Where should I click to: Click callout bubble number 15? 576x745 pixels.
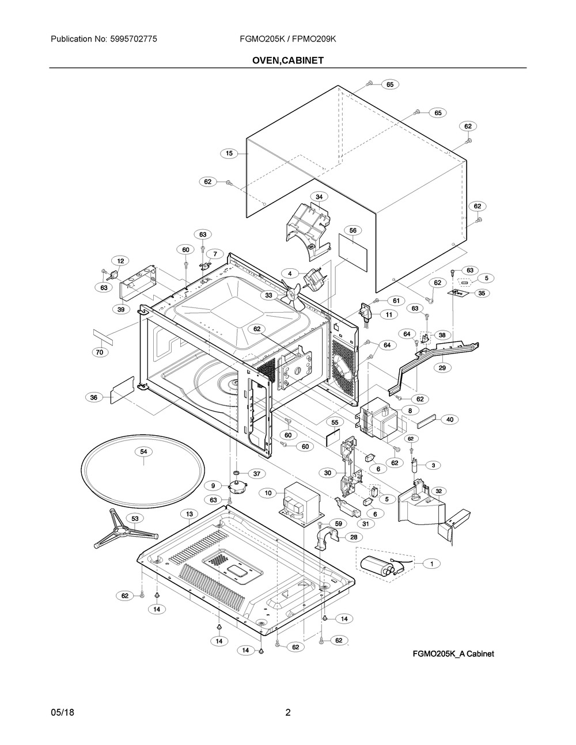point(229,153)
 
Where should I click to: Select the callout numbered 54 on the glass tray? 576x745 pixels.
point(143,451)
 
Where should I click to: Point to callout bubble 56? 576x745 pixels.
point(353,230)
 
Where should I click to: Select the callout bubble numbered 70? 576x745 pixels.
point(100,352)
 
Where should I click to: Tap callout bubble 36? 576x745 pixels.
point(93,397)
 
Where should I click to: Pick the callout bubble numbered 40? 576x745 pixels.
point(450,419)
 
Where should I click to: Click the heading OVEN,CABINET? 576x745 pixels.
point(288,60)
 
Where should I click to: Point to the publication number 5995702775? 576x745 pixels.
point(134,39)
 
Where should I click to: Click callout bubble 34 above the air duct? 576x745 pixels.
point(319,197)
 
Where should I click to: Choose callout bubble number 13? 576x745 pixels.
point(190,514)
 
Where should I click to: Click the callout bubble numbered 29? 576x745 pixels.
point(442,368)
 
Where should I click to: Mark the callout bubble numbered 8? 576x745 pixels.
point(410,410)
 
